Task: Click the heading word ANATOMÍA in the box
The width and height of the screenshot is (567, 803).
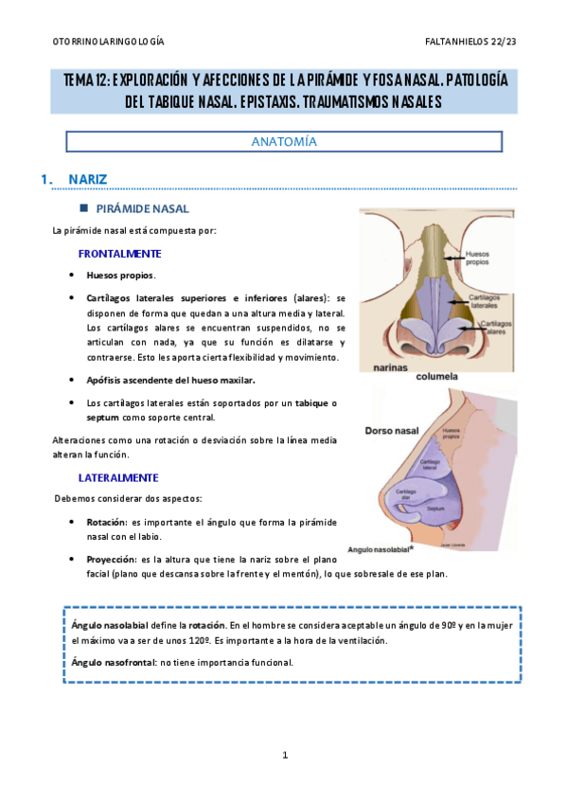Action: coord(283,141)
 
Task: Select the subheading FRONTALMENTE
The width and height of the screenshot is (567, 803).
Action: coord(119,254)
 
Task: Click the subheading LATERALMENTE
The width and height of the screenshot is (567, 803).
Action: coord(118,477)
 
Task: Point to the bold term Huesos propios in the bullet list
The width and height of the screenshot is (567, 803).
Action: coord(119,276)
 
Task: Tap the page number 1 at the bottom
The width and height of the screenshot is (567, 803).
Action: coord(284,755)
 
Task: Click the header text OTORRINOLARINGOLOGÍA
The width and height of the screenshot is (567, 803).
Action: coord(107,42)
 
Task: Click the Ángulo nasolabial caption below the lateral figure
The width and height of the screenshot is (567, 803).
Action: coord(381,547)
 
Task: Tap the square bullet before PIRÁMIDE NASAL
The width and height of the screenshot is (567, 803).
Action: coord(83,207)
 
